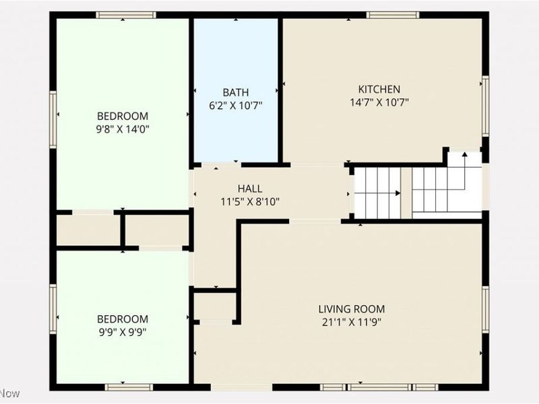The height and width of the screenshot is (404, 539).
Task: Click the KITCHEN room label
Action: (379, 89)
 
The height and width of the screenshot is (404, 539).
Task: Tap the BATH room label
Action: (236, 92)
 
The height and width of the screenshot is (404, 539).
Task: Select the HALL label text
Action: (250, 189)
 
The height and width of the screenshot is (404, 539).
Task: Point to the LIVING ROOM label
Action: (352, 309)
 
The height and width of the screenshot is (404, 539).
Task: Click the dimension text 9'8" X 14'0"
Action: (123, 129)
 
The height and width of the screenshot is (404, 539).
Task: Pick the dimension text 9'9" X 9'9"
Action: (123, 332)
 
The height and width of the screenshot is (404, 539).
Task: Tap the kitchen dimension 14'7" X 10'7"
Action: (379, 103)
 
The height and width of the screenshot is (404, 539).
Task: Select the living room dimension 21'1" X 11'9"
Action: (352, 323)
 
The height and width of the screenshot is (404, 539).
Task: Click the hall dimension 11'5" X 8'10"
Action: (250, 201)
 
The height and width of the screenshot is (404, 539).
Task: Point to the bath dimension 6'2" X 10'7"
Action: (236, 106)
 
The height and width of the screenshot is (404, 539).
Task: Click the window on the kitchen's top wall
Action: (393, 15)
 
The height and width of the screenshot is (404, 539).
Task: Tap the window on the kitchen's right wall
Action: (484, 97)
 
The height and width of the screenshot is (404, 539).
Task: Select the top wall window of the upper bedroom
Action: (126, 15)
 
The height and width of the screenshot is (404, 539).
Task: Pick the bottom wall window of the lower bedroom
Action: (129, 387)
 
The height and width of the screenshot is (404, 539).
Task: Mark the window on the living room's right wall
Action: (484, 308)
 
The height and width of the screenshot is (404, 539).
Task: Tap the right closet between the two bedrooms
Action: (157, 230)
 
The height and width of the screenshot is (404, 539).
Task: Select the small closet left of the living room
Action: (214, 306)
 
